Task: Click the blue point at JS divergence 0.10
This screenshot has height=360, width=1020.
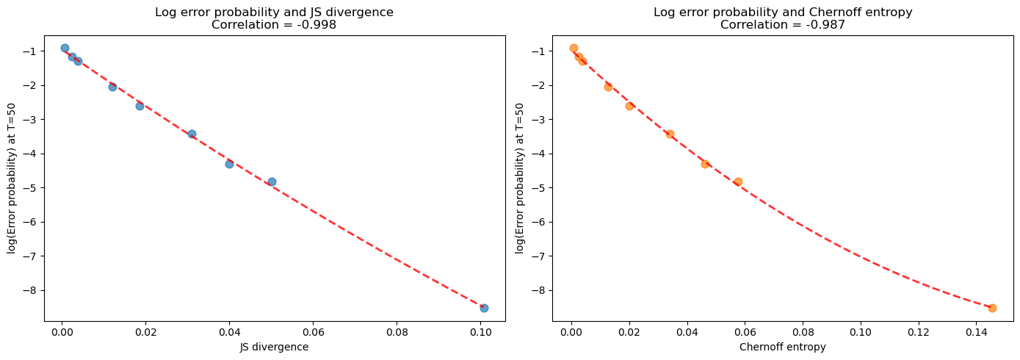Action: point(484,308)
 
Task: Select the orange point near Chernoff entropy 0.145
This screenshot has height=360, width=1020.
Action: point(992,308)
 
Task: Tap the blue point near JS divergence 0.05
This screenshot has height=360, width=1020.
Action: point(272,181)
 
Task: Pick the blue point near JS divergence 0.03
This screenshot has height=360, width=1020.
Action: point(192,134)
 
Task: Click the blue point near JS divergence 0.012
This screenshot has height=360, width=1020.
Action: point(112,87)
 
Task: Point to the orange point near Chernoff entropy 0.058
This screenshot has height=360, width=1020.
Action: point(738,181)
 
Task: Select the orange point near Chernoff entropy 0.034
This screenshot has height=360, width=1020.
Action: point(670,134)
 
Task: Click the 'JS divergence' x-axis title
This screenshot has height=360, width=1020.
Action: point(275,348)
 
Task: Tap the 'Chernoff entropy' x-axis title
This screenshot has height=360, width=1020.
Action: point(782,348)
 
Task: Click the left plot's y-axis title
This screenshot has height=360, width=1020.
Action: point(12,179)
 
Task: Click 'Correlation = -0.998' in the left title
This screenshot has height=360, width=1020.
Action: point(275,24)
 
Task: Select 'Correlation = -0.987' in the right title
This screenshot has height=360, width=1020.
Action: point(782,24)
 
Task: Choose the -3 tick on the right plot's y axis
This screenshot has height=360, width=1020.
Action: point(541,120)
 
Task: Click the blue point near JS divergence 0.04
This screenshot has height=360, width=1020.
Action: point(229,164)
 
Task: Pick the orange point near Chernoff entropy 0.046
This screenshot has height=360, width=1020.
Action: point(705,164)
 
